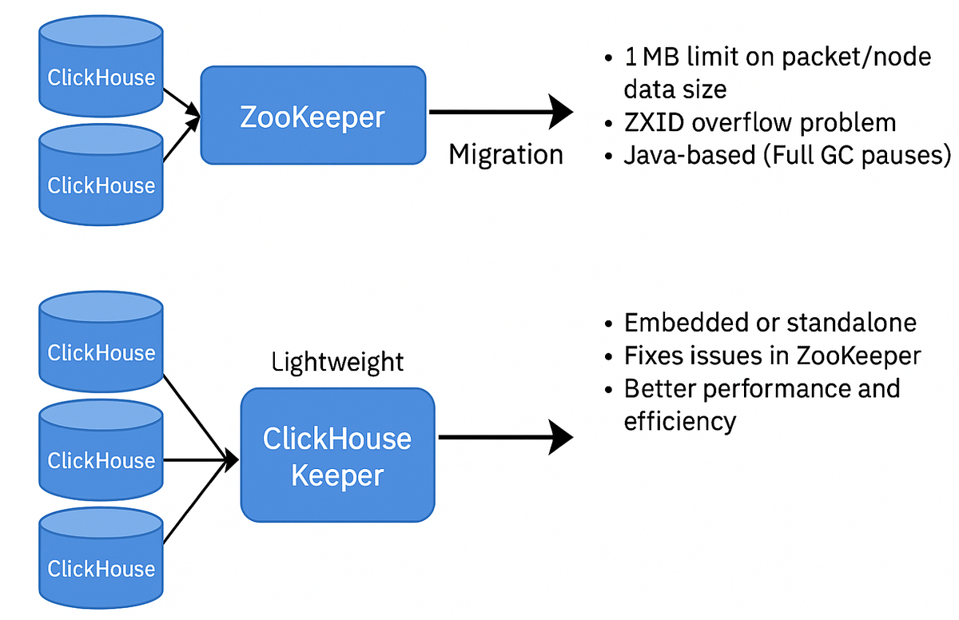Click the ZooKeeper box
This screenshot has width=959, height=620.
click(312, 116)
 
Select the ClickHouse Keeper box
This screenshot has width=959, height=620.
click(337, 456)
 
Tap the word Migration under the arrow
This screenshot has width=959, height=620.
click(505, 154)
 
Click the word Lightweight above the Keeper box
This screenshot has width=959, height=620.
click(337, 362)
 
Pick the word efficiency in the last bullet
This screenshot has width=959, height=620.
click(679, 420)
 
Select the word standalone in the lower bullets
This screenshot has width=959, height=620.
click(851, 323)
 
